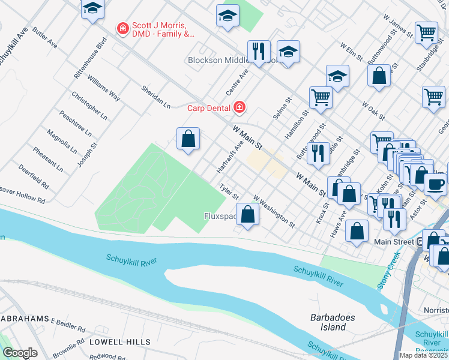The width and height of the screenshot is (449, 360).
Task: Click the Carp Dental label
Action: click(x=209, y=108)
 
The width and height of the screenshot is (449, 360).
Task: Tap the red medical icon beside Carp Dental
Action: click(x=240, y=107)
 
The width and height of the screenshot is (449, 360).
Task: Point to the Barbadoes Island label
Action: click(x=328, y=322)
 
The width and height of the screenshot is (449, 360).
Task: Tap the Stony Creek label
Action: click(x=388, y=272)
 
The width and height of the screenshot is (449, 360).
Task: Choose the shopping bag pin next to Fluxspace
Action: click(x=247, y=214)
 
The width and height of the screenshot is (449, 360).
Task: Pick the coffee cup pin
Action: click(x=435, y=184)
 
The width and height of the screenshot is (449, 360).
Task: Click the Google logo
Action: click(x=20, y=353)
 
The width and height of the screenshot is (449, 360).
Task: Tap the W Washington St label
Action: click(x=274, y=211)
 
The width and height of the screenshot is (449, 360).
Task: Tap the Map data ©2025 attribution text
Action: click(x=423, y=355)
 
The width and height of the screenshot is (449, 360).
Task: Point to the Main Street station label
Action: click(x=394, y=242)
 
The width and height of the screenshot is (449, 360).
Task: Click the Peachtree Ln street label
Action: click(x=75, y=122)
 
